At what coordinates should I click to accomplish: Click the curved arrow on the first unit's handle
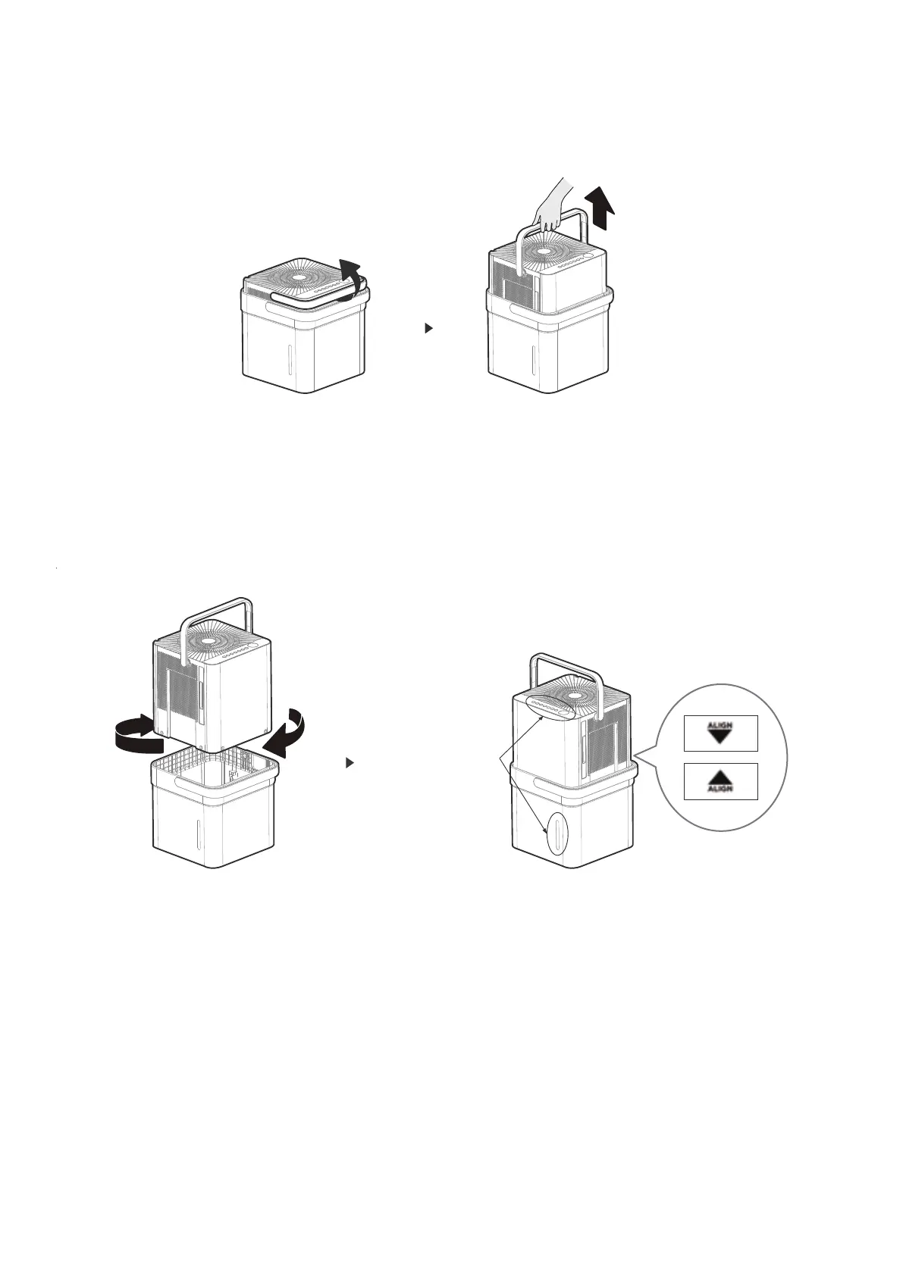point(349,277)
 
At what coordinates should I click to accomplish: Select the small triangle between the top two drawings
point(428,329)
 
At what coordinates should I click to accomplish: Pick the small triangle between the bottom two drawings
point(350,763)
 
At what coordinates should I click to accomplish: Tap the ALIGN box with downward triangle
point(720,733)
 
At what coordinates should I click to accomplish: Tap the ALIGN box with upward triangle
point(720,781)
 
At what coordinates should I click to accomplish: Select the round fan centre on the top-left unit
point(299,277)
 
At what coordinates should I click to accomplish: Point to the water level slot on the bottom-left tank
point(199,834)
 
